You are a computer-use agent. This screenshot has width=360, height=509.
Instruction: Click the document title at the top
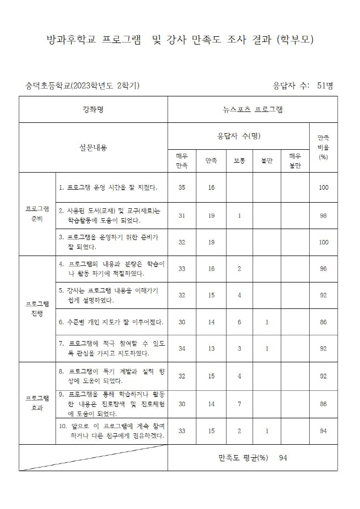tap(180, 40)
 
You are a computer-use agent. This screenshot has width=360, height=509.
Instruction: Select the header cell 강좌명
tap(93, 109)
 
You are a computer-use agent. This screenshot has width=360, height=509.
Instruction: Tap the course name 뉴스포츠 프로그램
tap(253, 109)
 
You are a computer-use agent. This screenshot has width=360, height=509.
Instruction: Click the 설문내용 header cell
tap(93, 148)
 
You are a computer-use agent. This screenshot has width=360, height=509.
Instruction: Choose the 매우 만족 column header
tap(182, 161)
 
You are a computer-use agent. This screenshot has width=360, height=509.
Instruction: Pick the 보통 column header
tap(239, 161)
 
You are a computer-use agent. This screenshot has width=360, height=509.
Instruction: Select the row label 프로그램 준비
tap(37, 214)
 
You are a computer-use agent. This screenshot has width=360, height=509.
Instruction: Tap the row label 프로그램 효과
tap(37, 403)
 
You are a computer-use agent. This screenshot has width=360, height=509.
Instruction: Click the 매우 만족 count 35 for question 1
tap(182, 187)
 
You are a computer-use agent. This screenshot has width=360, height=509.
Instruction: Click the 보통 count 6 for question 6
tap(239, 322)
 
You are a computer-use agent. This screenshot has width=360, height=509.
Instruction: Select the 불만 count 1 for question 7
tap(267, 349)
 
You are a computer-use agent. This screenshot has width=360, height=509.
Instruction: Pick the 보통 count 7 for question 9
tap(239, 404)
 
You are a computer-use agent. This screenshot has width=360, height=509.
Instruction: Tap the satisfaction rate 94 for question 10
tap(323, 431)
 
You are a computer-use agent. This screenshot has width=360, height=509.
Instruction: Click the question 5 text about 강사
tap(112, 295)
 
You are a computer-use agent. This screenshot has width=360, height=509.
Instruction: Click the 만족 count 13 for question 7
tap(211, 349)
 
